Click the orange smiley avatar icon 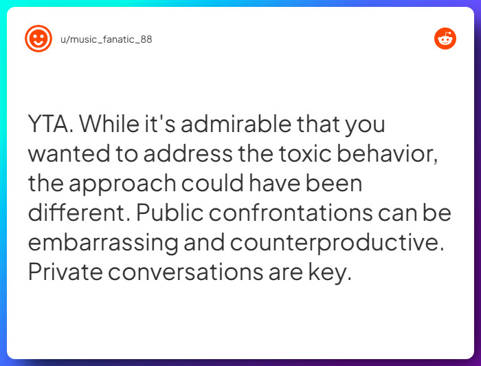click(x=38, y=39)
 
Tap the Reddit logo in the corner click(x=445, y=39)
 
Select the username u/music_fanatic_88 click(x=107, y=39)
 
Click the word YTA click(x=51, y=125)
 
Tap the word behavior click(x=396, y=154)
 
